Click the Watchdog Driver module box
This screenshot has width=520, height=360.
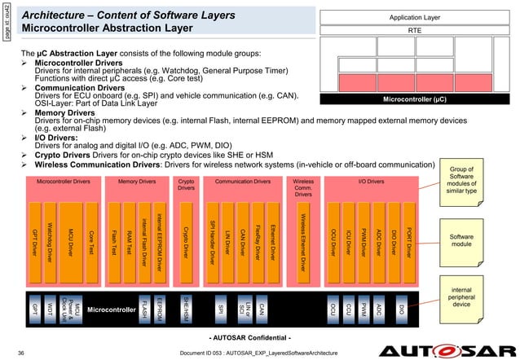pos(51,235)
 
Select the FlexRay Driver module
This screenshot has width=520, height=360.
pos(257,235)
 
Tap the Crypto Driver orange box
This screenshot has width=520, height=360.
pos(186,235)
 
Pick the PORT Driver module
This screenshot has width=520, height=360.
pos(407,235)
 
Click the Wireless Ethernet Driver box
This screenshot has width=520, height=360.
pos(303,235)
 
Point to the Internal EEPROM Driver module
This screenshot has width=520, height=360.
pos(160,235)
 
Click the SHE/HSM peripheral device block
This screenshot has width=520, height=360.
pos(187,308)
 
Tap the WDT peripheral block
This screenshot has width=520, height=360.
pos(51,308)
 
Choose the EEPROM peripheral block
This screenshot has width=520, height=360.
pos(161,308)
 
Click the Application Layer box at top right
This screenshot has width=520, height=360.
pos(415,16)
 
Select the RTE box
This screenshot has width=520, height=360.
pos(415,30)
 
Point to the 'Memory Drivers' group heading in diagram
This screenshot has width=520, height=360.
pos(136,181)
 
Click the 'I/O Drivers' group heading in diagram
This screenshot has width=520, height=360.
pos(371,181)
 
